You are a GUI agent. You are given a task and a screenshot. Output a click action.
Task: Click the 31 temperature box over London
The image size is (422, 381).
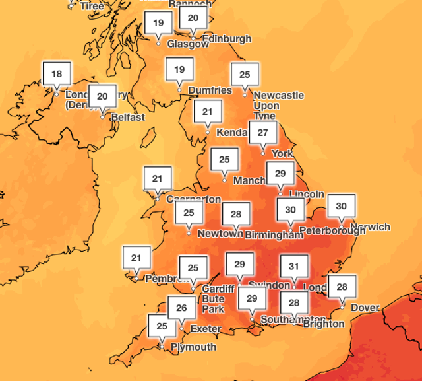[x=293, y=266]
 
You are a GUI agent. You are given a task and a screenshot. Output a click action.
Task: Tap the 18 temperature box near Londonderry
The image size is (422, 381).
[x=56, y=74]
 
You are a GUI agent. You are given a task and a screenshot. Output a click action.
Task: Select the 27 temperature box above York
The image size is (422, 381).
[x=262, y=133]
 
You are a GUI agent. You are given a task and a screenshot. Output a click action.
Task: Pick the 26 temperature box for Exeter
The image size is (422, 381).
[x=182, y=308]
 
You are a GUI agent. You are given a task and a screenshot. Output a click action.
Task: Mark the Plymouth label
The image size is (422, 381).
[x=193, y=347]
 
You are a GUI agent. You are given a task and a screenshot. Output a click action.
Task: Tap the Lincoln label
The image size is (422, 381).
[x=307, y=194]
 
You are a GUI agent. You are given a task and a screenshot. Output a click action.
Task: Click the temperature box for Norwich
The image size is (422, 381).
[x=341, y=207]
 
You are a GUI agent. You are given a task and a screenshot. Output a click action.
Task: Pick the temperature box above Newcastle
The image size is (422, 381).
[x=245, y=75]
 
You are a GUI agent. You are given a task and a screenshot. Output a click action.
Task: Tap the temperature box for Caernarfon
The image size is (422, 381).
[x=158, y=178]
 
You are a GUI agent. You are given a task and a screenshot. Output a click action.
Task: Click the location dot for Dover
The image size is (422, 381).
[x=342, y=306]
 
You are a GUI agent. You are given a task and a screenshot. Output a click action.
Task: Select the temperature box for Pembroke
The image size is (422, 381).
[x=136, y=258]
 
